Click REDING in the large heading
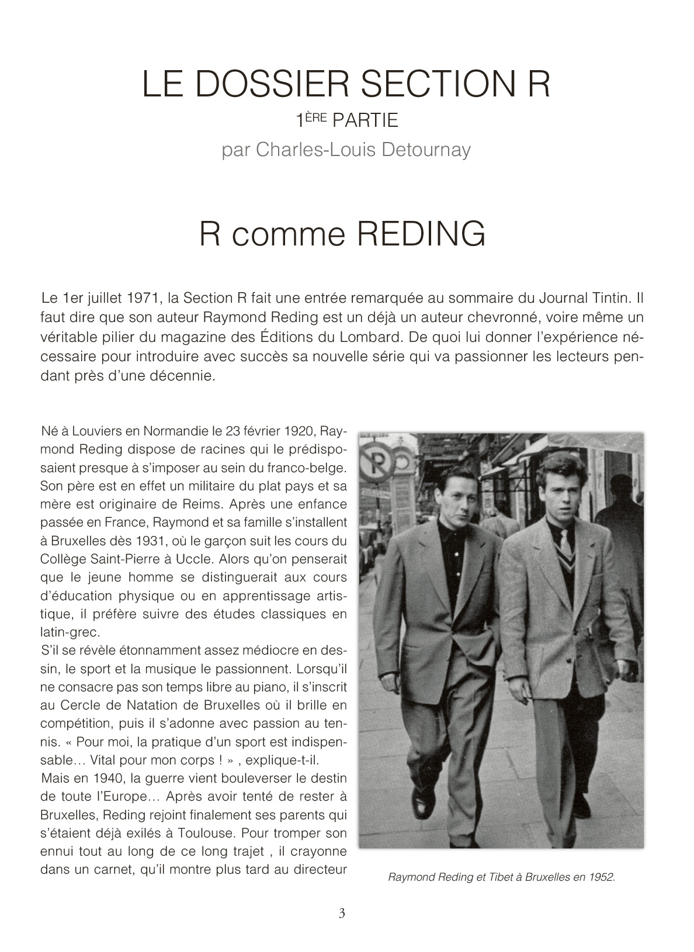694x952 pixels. pyautogui.click(x=421, y=234)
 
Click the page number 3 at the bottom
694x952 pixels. pyautogui.click(x=342, y=913)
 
